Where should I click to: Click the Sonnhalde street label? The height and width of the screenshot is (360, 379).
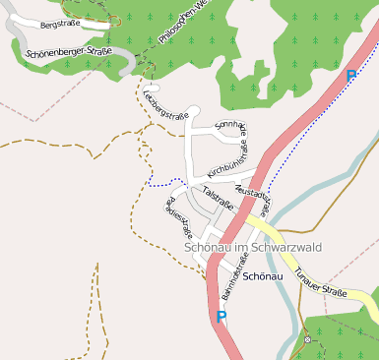pyautogui.click(x=232, y=131)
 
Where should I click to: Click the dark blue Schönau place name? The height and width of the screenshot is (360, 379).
pyautogui.click(x=263, y=276)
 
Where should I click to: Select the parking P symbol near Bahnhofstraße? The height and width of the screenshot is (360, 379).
pyautogui.click(x=221, y=317)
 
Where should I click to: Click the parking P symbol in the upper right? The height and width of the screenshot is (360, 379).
pyautogui.click(x=351, y=76)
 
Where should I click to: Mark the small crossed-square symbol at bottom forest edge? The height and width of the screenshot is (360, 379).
pyautogui.click(x=307, y=339)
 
